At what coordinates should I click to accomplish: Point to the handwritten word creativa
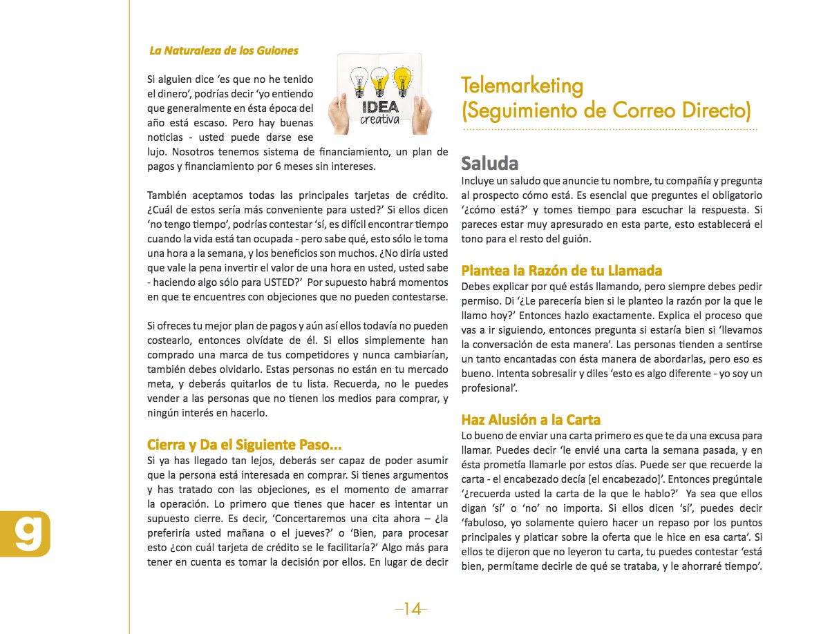tap(380, 120)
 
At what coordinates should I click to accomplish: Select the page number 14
tap(412, 608)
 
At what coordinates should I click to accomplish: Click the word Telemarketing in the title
tap(522, 86)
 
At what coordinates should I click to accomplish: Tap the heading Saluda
tap(490, 164)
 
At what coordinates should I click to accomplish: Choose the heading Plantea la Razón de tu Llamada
tap(562, 270)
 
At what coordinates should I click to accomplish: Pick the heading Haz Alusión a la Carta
tap(531, 420)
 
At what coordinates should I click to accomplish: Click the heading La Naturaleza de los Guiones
tap(224, 50)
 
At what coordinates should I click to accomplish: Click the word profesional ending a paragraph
tap(489, 388)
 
